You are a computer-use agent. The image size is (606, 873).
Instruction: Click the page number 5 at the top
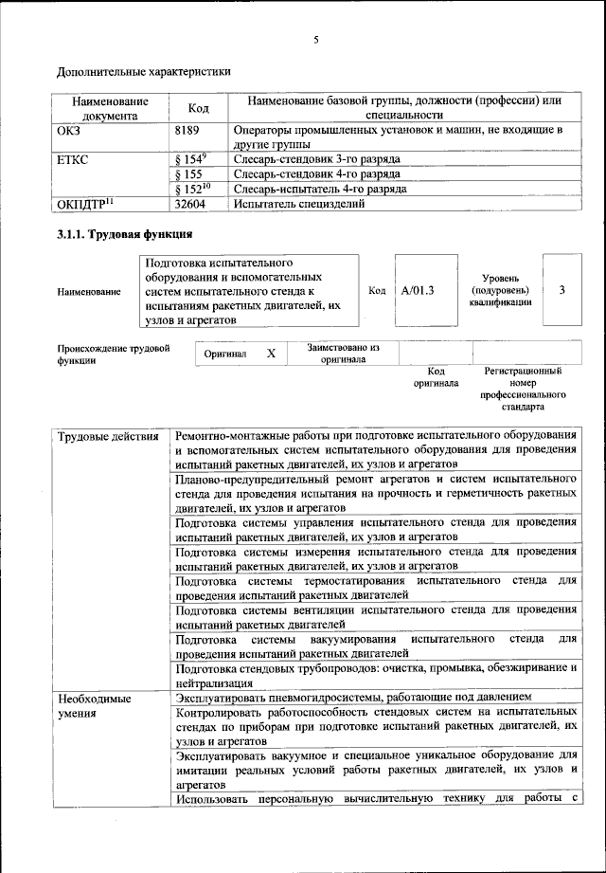[316, 39]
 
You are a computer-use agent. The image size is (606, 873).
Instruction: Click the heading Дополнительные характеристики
[144, 71]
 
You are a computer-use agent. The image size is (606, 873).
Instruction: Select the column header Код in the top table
[199, 108]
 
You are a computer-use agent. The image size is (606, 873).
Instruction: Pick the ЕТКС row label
[73, 159]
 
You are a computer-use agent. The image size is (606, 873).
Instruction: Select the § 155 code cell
[190, 174]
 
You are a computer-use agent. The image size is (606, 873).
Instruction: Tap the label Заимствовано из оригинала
[343, 354]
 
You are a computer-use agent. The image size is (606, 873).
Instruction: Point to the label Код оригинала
[436, 377]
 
